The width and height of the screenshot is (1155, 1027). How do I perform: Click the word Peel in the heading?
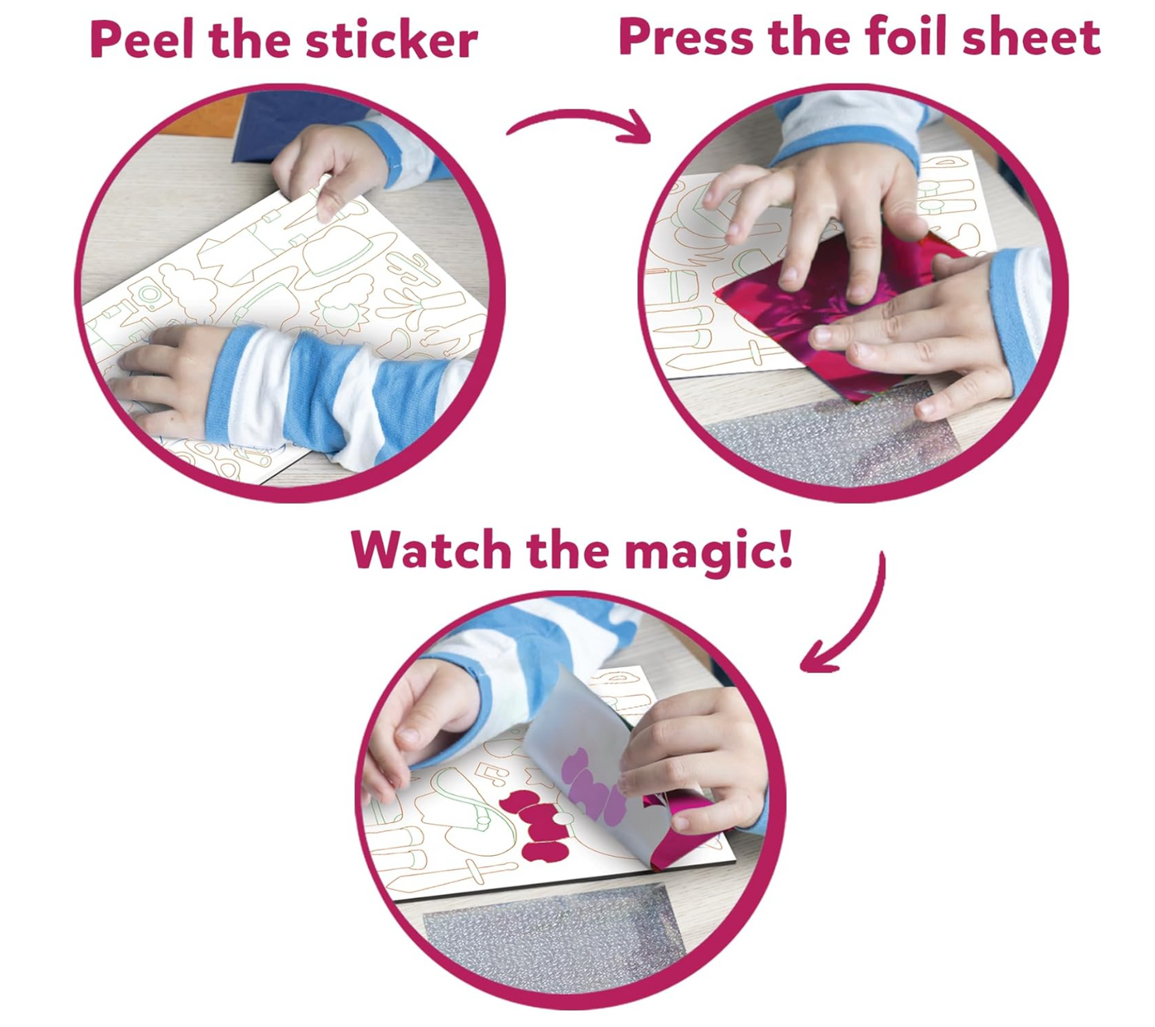pos(142,40)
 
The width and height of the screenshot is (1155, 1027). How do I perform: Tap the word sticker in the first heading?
pos(392,40)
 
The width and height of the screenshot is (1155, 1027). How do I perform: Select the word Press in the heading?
pos(686,38)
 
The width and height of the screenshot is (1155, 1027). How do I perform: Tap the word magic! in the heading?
pos(709,553)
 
